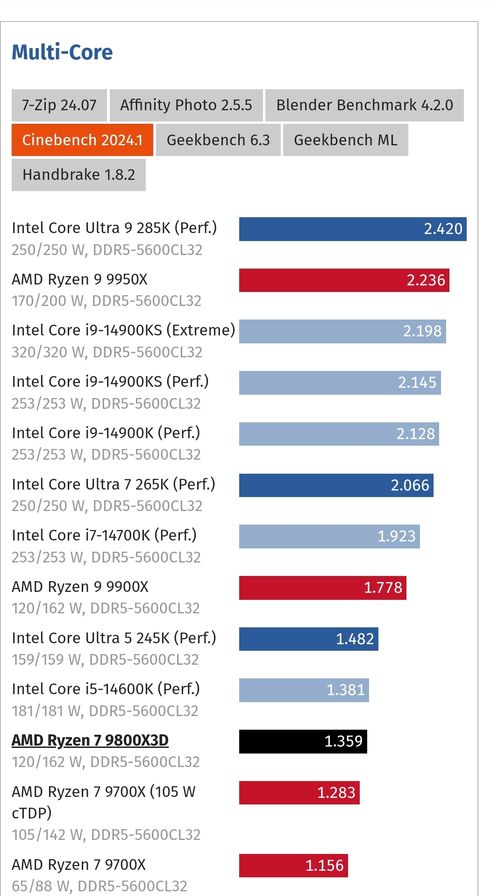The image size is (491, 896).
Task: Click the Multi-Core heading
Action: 62,52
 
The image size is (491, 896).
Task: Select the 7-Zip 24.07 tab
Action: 59,105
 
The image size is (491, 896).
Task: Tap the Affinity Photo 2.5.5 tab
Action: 186,105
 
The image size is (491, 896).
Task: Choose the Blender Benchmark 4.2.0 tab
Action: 364,105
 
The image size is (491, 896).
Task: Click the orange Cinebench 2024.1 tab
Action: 82,140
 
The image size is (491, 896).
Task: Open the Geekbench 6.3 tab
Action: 218,140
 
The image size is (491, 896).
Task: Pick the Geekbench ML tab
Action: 345,140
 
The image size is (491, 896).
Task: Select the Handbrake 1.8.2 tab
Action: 78,175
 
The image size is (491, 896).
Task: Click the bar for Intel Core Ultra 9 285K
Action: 352,229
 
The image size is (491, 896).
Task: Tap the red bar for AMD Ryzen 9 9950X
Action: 344,280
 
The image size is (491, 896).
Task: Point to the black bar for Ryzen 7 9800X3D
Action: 303,741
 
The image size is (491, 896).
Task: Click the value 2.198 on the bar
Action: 422,331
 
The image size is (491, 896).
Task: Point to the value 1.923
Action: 396,536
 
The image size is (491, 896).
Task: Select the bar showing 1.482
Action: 308,639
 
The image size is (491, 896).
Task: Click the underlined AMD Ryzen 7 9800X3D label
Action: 90,740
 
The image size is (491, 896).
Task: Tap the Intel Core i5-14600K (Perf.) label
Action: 106,689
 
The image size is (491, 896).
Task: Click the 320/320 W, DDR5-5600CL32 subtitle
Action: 107,352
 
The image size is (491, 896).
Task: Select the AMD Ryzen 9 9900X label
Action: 80,587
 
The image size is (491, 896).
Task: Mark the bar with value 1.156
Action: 293,866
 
